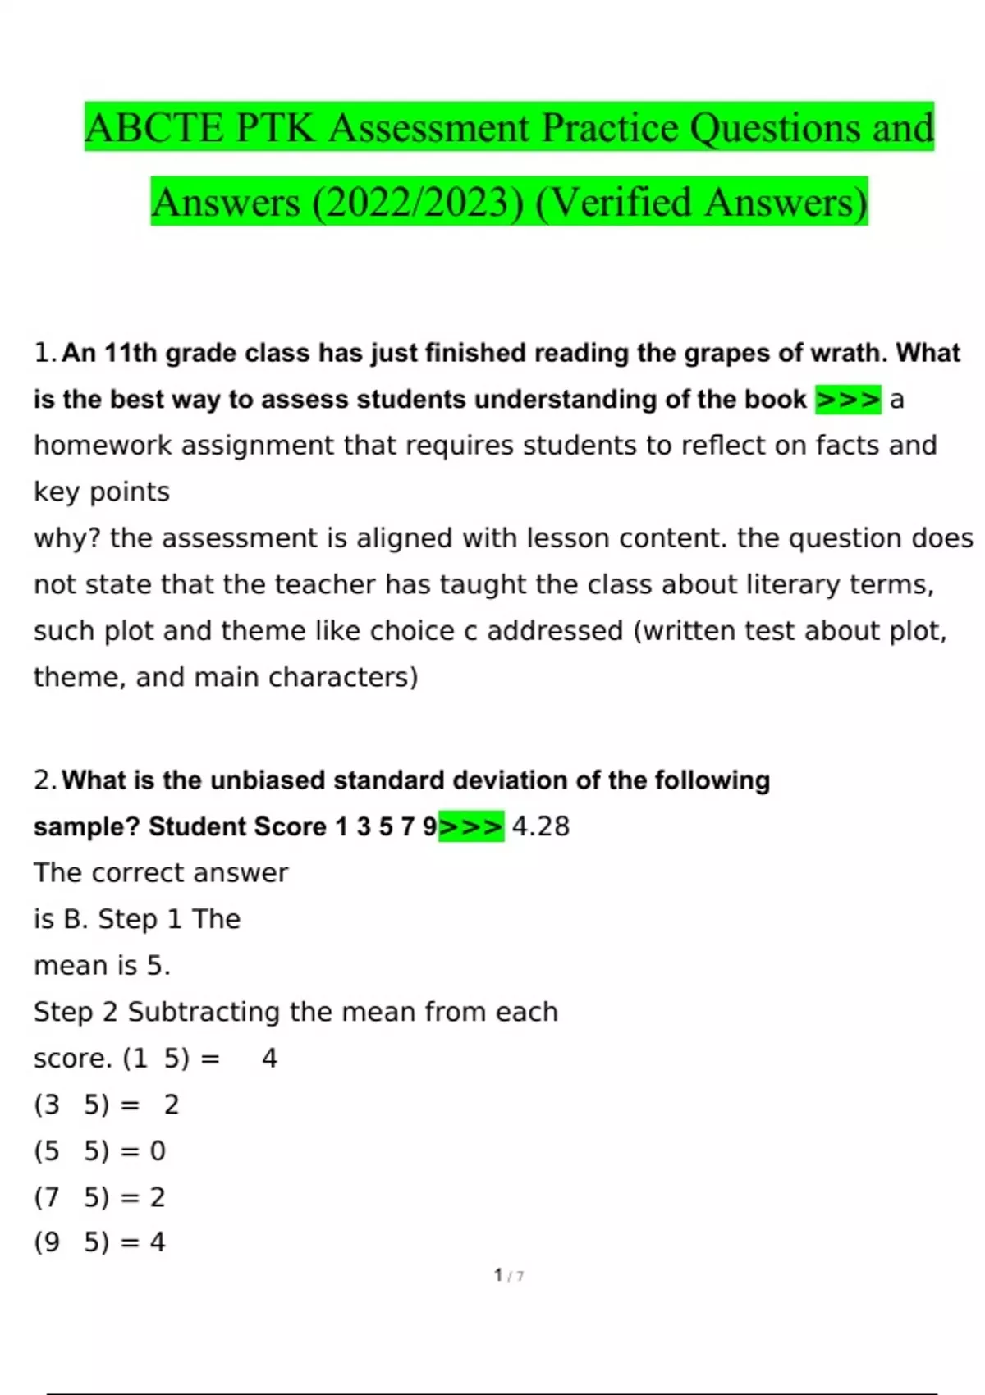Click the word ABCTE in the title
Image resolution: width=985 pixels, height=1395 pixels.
pos(154,129)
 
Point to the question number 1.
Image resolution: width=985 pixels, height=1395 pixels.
pos(44,353)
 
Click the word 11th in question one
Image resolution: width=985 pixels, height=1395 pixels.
pos(131,353)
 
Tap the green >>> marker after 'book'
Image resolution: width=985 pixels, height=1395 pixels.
pos(848,400)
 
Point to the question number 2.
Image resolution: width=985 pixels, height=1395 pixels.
pos(44,780)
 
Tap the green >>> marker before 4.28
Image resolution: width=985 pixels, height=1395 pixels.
pos(471,826)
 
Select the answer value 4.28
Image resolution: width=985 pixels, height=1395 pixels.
pos(540,826)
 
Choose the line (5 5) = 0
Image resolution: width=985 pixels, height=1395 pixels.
pos(99,1151)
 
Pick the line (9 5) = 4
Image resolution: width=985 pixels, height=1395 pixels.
pos(99,1242)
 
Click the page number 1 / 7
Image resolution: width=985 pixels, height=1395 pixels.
pos(509,1275)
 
